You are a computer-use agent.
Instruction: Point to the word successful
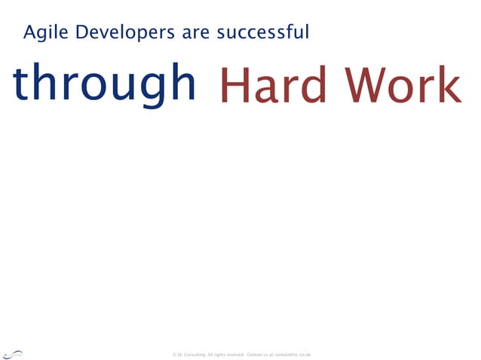(x=262, y=33)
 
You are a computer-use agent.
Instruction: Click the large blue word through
(x=104, y=84)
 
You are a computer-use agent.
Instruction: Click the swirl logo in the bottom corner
(x=13, y=353)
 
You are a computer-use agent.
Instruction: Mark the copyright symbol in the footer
(x=174, y=354)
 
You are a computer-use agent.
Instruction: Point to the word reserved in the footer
(x=233, y=354)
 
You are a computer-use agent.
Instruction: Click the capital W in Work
(x=368, y=86)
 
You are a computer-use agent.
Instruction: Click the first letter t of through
(x=19, y=83)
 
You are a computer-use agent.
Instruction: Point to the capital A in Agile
(x=29, y=33)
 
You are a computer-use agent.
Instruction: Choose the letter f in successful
(x=289, y=32)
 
